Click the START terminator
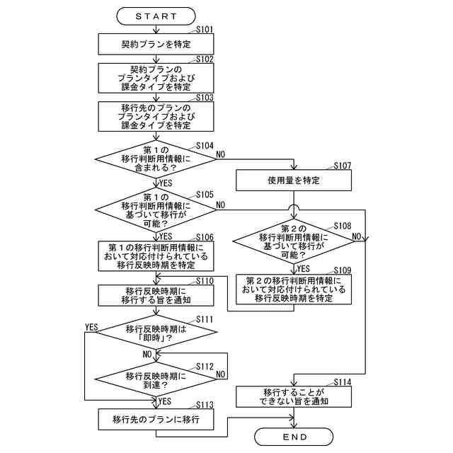click(156, 16)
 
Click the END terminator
click(294, 437)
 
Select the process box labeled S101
click(156, 44)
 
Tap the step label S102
click(205, 59)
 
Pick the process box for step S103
click(156, 116)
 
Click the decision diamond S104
click(156, 159)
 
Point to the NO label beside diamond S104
click(220, 154)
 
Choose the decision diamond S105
click(156, 210)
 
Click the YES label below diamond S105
click(166, 236)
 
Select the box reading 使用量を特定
click(294, 180)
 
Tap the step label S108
click(343, 226)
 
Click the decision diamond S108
click(294, 241)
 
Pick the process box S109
click(294, 289)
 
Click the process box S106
click(156, 256)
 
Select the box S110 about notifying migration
click(156, 296)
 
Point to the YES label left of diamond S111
click(91, 327)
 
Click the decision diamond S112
click(156, 379)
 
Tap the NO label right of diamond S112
click(220, 374)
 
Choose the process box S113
click(156, 419)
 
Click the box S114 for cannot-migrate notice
click(294, 396)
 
